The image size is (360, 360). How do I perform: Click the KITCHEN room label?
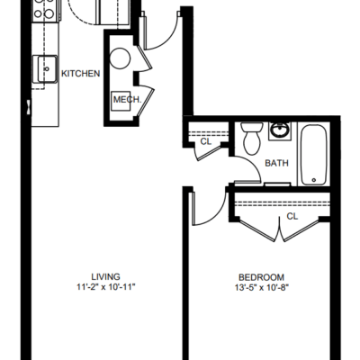(80, 74)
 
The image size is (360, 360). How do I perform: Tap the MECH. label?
(127, 100)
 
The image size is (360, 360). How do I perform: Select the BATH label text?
(276, 163)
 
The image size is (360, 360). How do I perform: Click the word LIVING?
(106, 276)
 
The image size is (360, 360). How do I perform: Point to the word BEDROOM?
(261, 277)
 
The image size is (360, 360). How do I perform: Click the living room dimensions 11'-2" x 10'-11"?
(106, 287)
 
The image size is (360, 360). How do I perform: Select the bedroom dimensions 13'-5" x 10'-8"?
(262, 288)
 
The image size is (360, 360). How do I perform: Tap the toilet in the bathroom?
(252, 138)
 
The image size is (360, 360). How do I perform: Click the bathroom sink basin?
(280, 130)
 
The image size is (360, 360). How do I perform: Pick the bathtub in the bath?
(314, 155)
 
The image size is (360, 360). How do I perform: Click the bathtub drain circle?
(314, 180)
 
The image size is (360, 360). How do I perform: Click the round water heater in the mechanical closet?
(120, 58)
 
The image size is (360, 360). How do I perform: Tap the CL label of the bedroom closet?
(292, 216)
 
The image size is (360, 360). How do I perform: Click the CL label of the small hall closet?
(206, 141)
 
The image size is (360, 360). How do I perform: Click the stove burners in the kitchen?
(44, 8)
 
